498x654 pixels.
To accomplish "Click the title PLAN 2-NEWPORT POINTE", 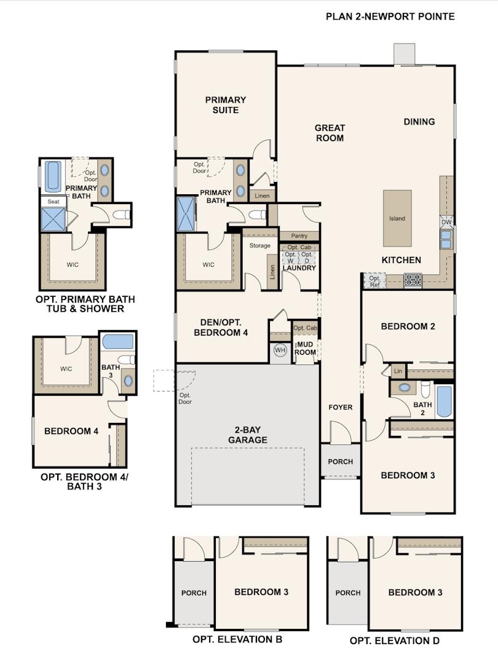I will click(390, 17).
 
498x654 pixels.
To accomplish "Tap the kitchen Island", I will click(397, 218).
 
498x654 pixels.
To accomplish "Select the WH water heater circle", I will click(280, 350).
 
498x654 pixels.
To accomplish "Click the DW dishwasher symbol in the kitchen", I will click(446, 221).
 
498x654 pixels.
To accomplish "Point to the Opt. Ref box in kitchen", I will click(374, 281).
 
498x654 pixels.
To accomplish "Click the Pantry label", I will click(299, 236).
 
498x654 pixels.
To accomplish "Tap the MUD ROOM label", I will click(306, 349).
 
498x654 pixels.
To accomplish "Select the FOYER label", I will click(340, 408).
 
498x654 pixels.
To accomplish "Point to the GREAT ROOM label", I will click(330, 133).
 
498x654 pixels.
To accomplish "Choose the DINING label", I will click(419, 122).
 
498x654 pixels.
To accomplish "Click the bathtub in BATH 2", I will click(444, 401).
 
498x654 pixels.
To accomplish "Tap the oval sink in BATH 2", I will click(405, 388).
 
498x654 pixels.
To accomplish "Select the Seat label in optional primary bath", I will click(53, 201).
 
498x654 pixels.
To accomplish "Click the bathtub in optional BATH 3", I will click(117, 342).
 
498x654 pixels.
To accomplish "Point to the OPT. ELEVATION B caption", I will click(237, 639).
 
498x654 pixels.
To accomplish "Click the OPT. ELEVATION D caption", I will click(394, 640).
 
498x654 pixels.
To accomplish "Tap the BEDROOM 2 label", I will click(408, 326).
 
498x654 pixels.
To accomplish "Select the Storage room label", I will click(259, 246).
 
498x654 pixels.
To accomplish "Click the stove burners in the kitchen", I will click(413, 280).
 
